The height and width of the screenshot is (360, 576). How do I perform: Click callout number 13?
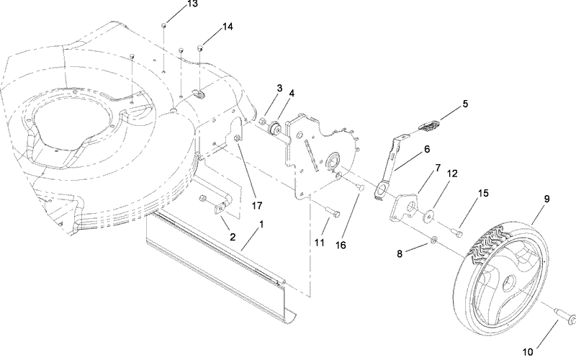[x=171, y=4]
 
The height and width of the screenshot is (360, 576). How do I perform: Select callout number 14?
[x=228, y=27]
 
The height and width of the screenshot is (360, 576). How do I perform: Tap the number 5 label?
[x=465, y=104]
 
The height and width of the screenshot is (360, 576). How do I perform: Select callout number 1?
[x=261, y=225]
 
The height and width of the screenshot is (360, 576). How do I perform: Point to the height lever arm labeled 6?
[x=390, y=162]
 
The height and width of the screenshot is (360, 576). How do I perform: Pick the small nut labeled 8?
[x=433, y=240]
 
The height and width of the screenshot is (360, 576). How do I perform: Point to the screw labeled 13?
[x=164, y=27]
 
